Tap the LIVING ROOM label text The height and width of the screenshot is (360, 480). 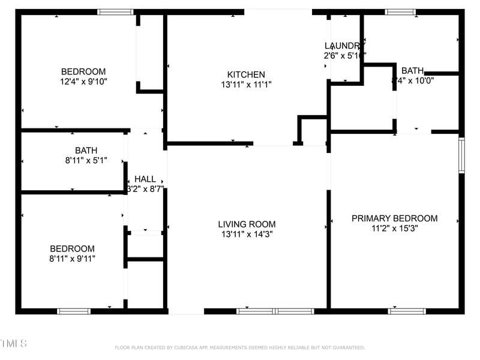247,224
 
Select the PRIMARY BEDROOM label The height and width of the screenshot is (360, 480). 394,218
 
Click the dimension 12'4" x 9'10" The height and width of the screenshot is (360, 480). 83,81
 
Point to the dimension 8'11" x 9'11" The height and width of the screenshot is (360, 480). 72,259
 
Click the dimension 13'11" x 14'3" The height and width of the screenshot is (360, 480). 247,235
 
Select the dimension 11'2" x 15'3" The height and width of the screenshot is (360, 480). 394,229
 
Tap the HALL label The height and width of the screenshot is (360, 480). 145,179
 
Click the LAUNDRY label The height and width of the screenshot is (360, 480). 344,46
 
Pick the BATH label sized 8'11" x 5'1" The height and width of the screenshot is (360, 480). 86,150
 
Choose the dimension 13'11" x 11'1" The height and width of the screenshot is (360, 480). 247,85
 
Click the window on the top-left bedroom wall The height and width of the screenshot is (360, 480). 115,11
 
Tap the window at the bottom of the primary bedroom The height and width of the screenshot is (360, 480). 407,311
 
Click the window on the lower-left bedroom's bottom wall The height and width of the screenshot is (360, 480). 74,311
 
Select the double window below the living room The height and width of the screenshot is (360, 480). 275,311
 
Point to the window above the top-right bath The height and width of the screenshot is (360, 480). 400,11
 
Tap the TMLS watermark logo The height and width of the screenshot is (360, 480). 13,344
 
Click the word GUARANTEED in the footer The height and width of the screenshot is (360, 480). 346,347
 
